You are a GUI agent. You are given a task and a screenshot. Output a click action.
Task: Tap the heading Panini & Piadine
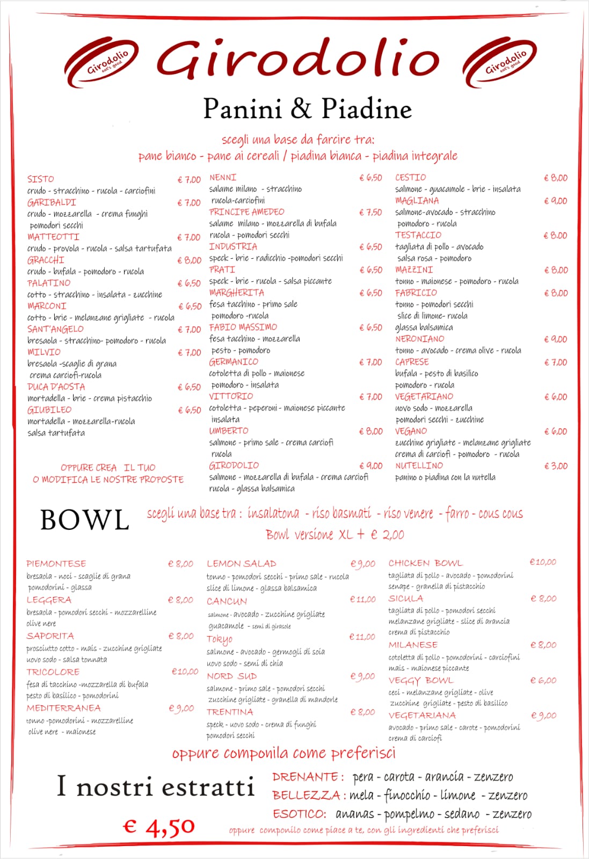click(x=307, y=108)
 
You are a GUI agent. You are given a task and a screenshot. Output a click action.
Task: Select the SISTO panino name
click(x=41, y=179)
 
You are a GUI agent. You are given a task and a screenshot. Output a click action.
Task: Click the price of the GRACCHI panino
click(x=189, y=260)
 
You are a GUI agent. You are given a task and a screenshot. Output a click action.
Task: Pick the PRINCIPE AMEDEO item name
click(x=246, y=212)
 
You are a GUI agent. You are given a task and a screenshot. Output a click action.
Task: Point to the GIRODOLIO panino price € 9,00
click(x=371, y=466)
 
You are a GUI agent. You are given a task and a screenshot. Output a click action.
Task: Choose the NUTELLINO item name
click(x=419, y=466)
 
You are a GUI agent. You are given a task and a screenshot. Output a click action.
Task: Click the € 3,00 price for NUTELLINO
click(x=556, y=466)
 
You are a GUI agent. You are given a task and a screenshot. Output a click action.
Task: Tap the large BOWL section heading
click(x=85, y=520)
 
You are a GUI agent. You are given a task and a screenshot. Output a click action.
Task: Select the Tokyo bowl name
click(x=220, y=639)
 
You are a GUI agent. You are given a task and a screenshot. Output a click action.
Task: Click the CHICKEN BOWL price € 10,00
click(x=543, y=562)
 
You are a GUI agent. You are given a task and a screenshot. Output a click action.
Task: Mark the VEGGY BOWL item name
click(x=421, y=681)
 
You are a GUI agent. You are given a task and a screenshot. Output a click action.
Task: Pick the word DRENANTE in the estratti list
click(x=305, y=777)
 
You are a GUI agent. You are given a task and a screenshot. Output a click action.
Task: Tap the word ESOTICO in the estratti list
click(x=299, y=814)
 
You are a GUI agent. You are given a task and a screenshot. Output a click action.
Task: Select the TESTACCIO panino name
click(x=418, y=235)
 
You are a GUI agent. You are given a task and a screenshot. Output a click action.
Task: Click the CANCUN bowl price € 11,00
click(x=362, y=599)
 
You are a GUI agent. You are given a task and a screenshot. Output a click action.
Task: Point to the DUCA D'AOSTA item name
click(x=56, y=387)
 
